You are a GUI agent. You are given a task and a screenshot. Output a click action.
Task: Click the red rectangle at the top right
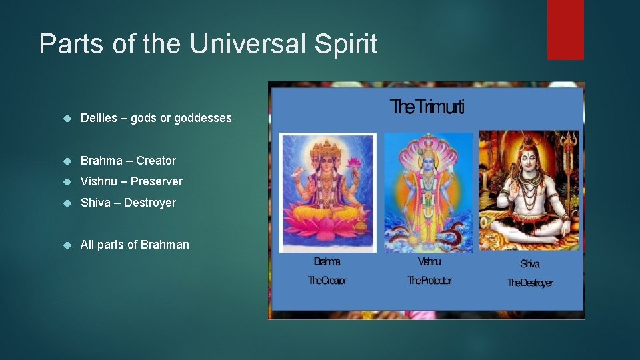565,29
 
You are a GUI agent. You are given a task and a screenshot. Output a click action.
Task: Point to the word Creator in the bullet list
156,160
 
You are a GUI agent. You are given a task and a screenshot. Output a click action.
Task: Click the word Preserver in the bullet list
157,181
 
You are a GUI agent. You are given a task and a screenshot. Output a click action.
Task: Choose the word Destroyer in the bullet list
150,203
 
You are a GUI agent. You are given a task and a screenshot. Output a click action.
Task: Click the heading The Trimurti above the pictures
427,106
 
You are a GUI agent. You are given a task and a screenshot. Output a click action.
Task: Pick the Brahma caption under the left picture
327,262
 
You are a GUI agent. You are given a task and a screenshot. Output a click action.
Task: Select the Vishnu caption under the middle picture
429,262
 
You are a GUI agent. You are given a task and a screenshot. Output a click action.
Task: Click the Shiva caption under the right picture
530,264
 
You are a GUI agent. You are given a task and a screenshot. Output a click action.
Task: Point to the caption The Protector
429,281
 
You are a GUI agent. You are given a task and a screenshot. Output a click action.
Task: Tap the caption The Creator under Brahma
327,281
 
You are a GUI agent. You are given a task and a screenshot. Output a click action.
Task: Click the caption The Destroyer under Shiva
530,283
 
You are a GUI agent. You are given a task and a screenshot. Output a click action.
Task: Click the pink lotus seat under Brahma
327,223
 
